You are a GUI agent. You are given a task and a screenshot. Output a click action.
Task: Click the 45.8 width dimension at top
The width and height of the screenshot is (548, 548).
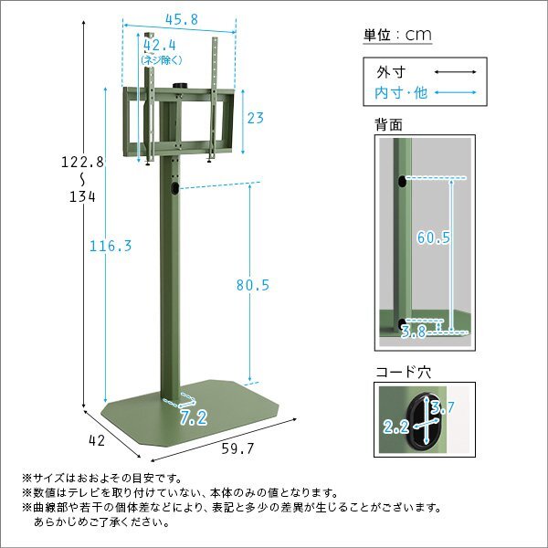pyautogui.click(x=182, y=19)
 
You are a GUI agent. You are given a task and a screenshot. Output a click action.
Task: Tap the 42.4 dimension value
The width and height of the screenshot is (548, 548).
pyautogui.click(x=159, y=45)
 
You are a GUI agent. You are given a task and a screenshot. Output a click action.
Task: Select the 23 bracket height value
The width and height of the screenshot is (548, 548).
pyautogui.click(x=256, y=118)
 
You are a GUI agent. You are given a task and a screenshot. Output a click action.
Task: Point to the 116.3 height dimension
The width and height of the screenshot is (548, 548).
pyautogui.click(x=111, y=246)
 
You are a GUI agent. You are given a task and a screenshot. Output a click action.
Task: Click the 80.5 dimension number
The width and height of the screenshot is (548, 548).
pyautogui.click(x=253, y=285)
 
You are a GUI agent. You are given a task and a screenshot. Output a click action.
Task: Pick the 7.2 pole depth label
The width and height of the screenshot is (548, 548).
pyautogui.click(x=194, y=417)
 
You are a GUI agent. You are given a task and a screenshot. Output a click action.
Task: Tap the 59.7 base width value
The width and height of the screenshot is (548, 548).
pyautogui.click(x=237, y=448)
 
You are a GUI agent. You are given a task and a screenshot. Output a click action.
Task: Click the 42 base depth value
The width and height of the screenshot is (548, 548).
pyautogui.click(x=97, y=441)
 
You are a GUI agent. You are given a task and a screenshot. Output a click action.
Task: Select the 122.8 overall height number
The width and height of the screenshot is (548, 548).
pyautogui.click(x=82, y=163)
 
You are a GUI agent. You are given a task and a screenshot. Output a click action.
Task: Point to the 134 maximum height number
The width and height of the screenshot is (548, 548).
pyautogui.click(x=82, y=197)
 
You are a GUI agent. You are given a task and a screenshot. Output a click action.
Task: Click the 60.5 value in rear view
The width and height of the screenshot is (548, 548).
pyautogui.click(x=434, y=237)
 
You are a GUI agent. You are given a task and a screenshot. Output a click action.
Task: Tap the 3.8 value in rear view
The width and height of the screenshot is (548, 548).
pyautogui.click(x=413, y=331)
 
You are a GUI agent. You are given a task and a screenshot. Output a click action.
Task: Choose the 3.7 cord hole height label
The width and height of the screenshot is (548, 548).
pyautogui.click(x=442, y=407)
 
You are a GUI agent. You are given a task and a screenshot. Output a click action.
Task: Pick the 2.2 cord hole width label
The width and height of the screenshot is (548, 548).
pyautogui.click(x=396, y=427)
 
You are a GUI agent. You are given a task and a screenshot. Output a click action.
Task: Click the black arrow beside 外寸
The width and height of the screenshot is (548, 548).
pyautogui.click(x=455, y=72)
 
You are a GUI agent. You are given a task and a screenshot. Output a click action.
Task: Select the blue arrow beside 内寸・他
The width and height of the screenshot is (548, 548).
pyautogui.click(x=455, y=92)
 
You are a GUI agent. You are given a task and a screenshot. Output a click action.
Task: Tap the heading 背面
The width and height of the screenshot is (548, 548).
pyautogui.click(x=388, y=125)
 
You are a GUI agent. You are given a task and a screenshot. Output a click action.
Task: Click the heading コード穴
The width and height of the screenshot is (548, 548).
pyautogui.click(x=403, y=373)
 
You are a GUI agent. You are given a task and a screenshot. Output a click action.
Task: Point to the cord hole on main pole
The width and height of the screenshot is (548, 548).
pyautogui.click(x=174, y=188)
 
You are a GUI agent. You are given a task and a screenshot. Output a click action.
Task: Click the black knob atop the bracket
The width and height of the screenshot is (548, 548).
pyautogui.click(x=180, y=86)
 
